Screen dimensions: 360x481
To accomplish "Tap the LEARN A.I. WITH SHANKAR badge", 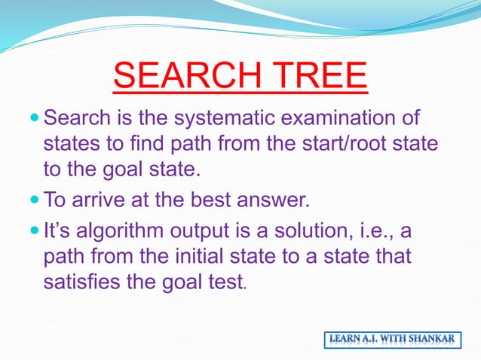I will click(x=392, y=340).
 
